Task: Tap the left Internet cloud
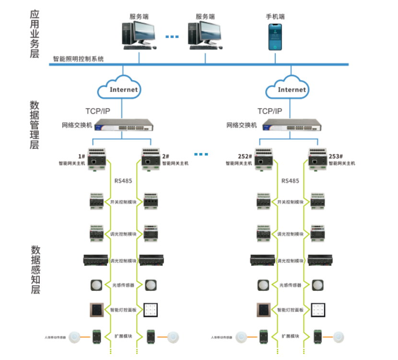click(x=123, y=88)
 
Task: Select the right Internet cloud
click(x=292, y=88)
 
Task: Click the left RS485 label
click(x=123, y=181)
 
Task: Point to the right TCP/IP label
click(x=270, y=111)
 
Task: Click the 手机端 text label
click(x=276, y=16)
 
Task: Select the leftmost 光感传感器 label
click(x=123, y=285)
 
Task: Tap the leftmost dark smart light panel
click(x=96, y=310)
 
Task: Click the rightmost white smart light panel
click(x=319, y=310)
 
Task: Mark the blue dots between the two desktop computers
click(x=172, y=36)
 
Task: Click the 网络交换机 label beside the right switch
click(x=242, y=125)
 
